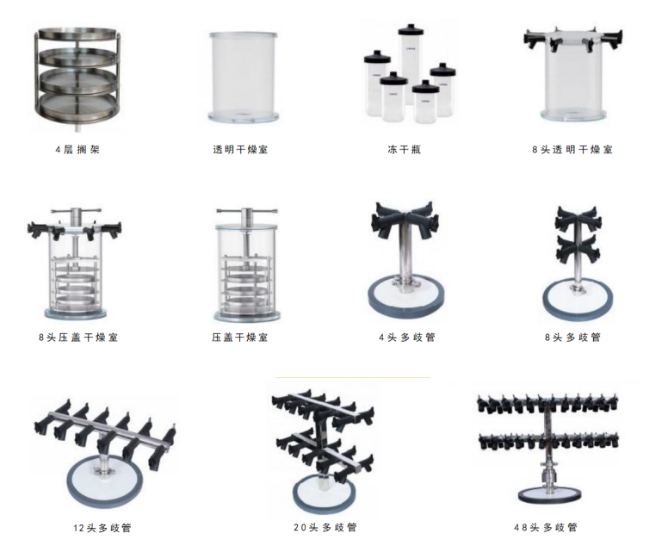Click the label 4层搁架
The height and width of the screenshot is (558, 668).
coord(77,150)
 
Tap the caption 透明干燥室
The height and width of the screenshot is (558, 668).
coord(241,150)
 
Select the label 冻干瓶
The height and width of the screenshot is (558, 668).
coord(405,150)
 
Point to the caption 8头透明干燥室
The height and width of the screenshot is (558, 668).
coord(572,150)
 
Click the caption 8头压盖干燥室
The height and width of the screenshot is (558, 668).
coord(78,338)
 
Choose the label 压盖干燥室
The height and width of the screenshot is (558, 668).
coord(240,338)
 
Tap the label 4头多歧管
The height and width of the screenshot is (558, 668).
coord(407,338)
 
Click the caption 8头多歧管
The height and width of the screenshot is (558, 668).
coord(573,338)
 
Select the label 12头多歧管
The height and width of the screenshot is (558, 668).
coord(102,528)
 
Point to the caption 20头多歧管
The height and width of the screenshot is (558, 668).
coord(325,527)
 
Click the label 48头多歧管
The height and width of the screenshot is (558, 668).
coord(546,527)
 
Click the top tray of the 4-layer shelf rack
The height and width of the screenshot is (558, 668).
coord(77,34)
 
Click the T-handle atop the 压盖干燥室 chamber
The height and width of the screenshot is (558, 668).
coord(247,211)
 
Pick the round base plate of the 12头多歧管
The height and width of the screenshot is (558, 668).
coord(105,481)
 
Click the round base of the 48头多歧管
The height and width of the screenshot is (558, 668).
coord(549,495)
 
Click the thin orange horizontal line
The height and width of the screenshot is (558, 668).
coord(353,377)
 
